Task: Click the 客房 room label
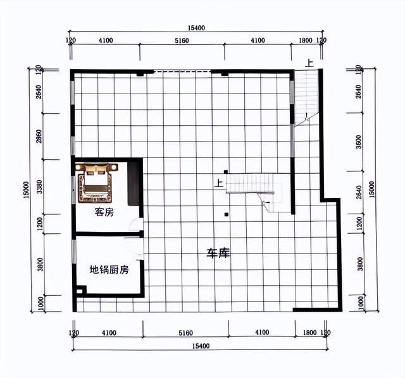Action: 104,212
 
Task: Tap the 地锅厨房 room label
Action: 109,270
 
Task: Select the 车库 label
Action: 218,253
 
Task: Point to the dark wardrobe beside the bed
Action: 134,184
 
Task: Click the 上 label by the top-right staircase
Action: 309,63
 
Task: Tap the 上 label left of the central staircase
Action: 219,183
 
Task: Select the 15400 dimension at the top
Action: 196,28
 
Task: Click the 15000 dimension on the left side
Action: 27,190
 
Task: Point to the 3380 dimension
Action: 39,187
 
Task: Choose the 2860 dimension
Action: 39,137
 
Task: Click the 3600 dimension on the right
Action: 359,142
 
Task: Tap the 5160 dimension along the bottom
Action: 185,333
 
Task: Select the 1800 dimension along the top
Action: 306,40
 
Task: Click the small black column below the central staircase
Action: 227,214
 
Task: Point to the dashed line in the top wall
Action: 182,71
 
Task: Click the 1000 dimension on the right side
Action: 361,303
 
